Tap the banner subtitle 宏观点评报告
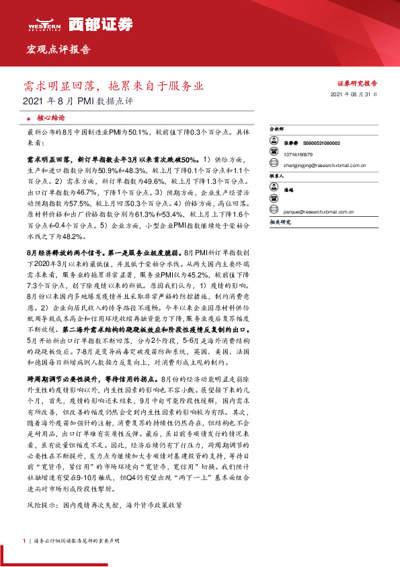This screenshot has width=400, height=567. (x=58, y=50)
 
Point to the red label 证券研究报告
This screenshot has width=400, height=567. (x=356, y=83)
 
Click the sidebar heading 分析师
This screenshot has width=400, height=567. (x=276, y=128)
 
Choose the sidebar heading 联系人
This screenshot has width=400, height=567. (x=276, y=175)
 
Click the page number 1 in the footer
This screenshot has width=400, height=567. (x=24, y=541)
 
